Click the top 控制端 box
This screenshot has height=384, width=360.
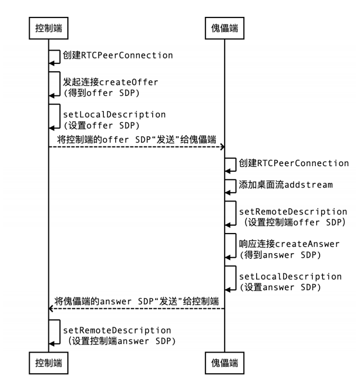pyautogui.click(x=48, y=28)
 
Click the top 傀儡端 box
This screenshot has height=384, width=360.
pyautogui.click(x=225, y=28)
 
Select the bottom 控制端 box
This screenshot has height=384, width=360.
pyautogui.click(x=48, y=363)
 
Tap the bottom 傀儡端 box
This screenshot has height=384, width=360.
pyautogui.click(x=225, y=363)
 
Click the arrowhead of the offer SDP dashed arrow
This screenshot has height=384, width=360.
pyautogui.click(x=222, y=147)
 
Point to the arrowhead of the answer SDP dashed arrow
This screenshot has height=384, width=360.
pyautogui.click(x=51, y=309)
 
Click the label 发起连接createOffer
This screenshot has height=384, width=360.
pyautogui.click(x=111, y=82)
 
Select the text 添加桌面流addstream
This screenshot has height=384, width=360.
pyautogui.click(x=286, y=185)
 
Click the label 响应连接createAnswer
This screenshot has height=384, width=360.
pyautogui.click(x=289, y=244)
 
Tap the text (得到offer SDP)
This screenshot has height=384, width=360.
pyautogui.click(x=101, y=93)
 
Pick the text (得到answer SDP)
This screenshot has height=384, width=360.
pyautogui.click(x=280, y=255)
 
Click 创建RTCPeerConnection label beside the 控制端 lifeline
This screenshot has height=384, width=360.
pyautogui.click(x=118, y=55)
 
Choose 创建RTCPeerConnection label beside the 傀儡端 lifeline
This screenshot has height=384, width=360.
pyautogui.click(x=294, y=163)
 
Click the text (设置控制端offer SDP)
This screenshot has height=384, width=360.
pyautogui.click(x=294, y=222)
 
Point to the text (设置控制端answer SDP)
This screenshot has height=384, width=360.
pyautogui.click(x=121, y=341)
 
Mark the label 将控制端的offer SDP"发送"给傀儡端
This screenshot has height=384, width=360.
pyautogui.click(x=136, y=140)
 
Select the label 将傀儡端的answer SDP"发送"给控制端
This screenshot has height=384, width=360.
pyautogui.click(x=136, y=301)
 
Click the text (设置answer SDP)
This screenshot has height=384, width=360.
pyautogui.click(x=280, y=287)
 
